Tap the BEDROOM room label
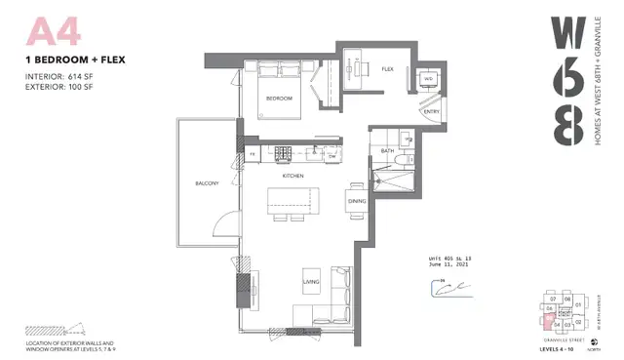click(x=280, y=99)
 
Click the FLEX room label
click(x=387, y=69)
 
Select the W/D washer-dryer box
click(x=427, y=79)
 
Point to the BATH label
click(x=387, y=150)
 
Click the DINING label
click(x=356, y=201)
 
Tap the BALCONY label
click(x=207, y=183)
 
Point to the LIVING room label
click(x=312, y=281)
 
